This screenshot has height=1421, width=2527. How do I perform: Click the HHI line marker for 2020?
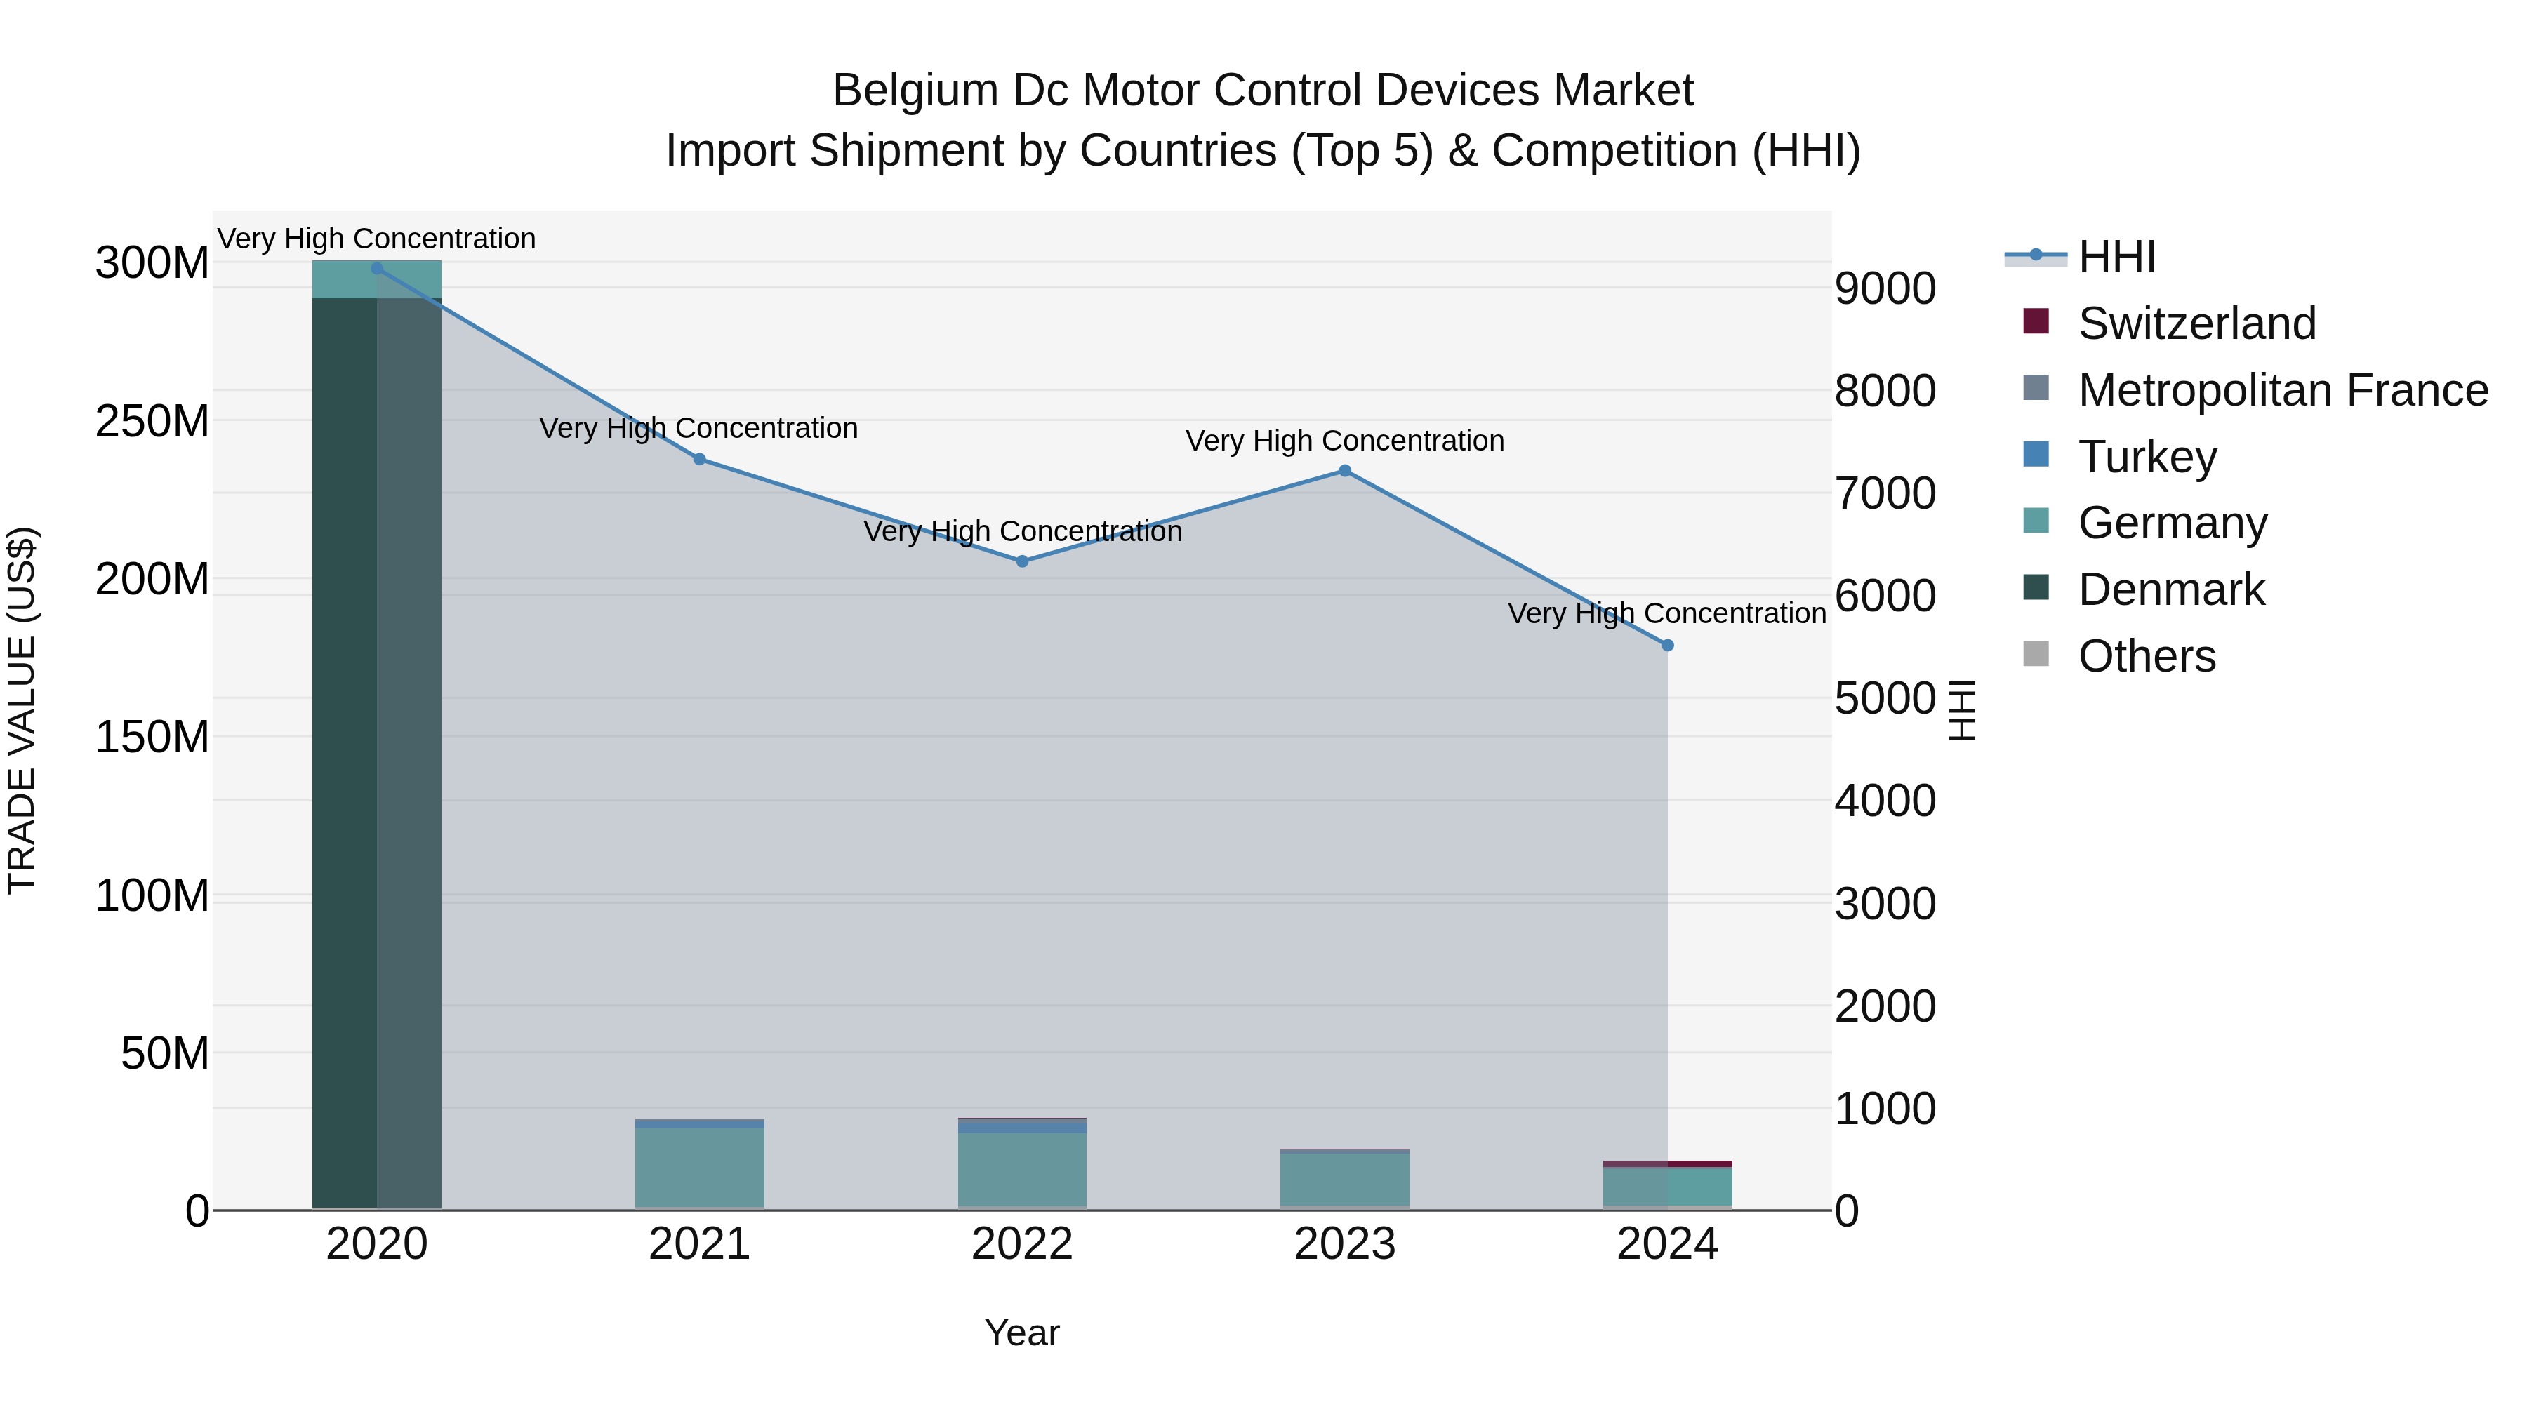click(x=377, y=268)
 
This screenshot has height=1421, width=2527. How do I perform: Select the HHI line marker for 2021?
click(x=699, y=459)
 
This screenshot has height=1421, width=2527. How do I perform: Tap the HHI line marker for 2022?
click(x=1022, y=561)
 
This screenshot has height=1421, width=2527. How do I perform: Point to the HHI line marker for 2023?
click(x=1345, y=471)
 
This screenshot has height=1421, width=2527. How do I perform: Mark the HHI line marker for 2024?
click(x=1668, y=646)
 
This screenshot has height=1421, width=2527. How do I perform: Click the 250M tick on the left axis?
click(x=152, y=422)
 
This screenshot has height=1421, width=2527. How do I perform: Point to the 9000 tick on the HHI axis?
click(x=1885, y=289)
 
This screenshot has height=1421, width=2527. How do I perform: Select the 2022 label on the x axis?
click(x=1022, y=1244)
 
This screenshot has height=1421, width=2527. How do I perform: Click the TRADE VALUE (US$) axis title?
click(x=22, y=710)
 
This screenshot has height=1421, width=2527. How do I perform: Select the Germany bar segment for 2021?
click(x=699, y=1167)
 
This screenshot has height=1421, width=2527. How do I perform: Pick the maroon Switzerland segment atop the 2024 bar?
click(x=1668, y=1164)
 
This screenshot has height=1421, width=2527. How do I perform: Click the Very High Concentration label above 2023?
click(x=1345, y=441)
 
